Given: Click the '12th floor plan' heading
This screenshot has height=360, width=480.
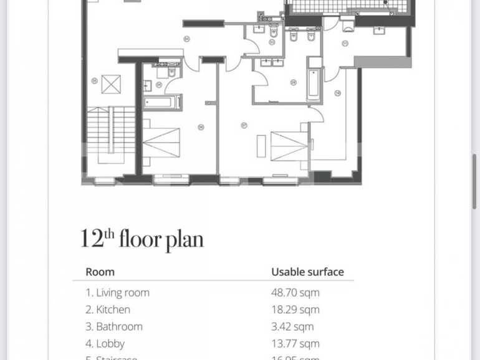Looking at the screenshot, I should (x=142, y=239).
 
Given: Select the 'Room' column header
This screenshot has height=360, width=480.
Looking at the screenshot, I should (x=100, y=272).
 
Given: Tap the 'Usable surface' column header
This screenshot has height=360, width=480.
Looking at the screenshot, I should (x=307, y=272).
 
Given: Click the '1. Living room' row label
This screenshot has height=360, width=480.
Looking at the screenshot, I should (x=117, y=292).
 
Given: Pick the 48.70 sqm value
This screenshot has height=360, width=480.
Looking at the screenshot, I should (x=295, y=292).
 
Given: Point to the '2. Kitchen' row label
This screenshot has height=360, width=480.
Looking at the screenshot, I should (x=108, y=310).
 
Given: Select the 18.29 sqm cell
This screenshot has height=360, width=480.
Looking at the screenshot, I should (x=295, y=310).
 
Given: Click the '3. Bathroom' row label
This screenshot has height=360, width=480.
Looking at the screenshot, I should (x=114, y=326).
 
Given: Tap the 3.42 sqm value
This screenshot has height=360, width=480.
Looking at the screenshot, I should (x=292, y=326).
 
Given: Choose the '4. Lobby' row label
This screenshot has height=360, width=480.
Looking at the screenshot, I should (x=105, y=343).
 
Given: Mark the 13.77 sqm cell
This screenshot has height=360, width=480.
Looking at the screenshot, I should (x=295, y=343).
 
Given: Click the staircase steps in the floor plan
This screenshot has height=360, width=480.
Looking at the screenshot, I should (x=111, y=130).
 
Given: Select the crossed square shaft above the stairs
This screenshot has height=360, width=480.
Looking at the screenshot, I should (x=111, y=83).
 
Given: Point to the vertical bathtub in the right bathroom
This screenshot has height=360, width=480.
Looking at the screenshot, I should (x=314, y=83).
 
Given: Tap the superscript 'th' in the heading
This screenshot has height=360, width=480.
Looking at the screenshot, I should (x=108, y=234).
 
